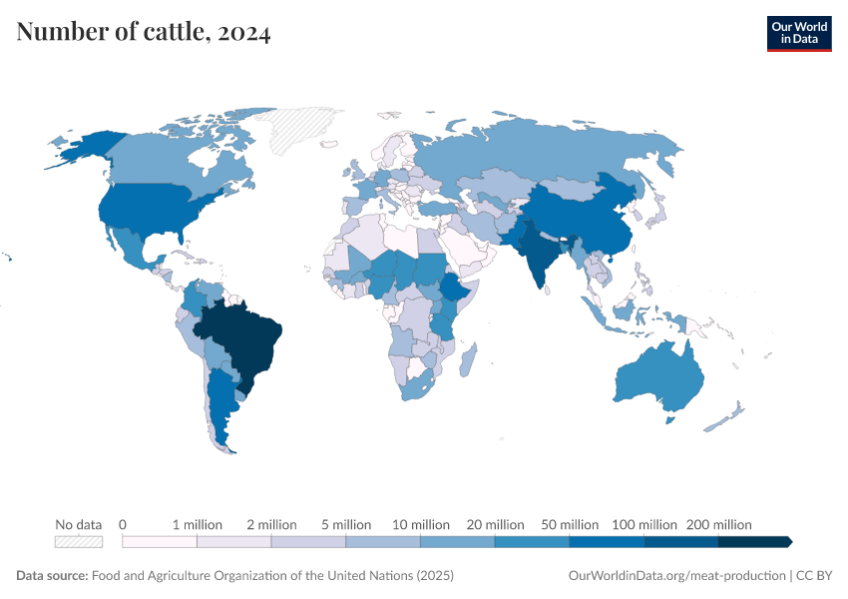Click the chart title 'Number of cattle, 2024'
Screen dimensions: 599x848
pos(143,33)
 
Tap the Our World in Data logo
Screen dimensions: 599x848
pos(798,33)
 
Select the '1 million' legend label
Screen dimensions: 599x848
pos(197,524)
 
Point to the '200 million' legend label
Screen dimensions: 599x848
pos(718,524)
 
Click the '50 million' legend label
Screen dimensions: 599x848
pos(569,524)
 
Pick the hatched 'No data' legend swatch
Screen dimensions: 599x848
pos(79,541)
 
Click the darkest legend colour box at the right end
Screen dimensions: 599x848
pos(754,541)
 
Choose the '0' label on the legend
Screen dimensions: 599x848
pos(123,524)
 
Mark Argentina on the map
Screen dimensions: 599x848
pos(221,409)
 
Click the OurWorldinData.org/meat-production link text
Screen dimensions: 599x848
pos(675,576)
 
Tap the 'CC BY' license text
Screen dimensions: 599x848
pos(814,576)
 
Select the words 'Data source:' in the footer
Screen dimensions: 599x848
pos(52,576)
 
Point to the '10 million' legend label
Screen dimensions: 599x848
pos(420,524)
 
